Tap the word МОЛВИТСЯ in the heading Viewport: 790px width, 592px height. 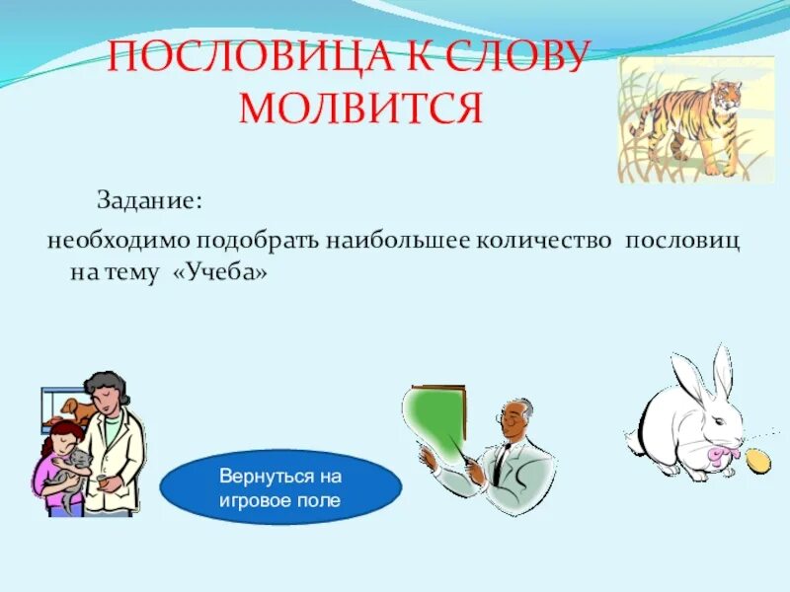(360, 107)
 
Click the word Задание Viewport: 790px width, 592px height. (148, 200)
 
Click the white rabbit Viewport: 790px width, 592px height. (686, 424)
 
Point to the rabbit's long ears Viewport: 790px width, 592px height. (701, 370)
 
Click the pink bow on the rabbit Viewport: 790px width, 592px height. (717, 455)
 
